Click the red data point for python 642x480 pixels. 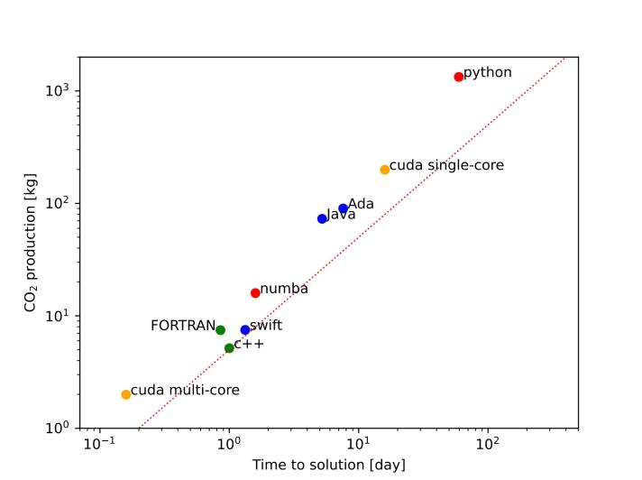pos(459,77)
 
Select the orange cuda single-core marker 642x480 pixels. pos(385,170)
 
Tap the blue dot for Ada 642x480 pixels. pos(344,208)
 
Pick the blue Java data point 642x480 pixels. pos(322,218)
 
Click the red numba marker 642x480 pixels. pos(255,292)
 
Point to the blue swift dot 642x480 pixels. pos(245,329)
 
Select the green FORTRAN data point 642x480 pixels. pos(220,330)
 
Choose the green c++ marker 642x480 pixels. pos(229,347)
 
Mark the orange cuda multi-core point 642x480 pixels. pos(126,394)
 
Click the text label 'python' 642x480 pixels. pos(488,72)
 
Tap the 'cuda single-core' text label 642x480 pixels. pos(446,165)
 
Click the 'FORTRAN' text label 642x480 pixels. pos(183,326)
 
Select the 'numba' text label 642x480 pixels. pos(284,289)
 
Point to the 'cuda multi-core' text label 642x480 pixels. pos(185,390)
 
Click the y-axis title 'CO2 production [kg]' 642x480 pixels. pos(32,243)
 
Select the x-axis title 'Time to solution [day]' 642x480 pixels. pos(328,465)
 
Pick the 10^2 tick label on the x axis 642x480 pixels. pos(488,445)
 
